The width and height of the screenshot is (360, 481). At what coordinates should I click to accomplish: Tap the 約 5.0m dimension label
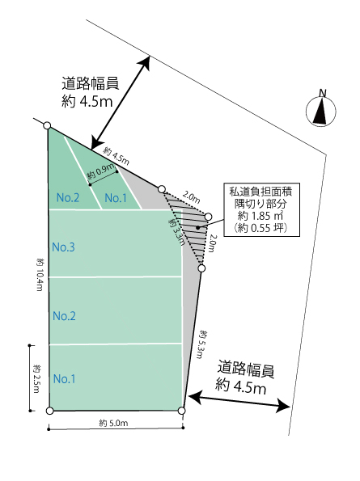pos(113,423)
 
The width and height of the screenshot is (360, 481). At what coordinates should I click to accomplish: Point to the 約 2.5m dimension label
pos(37,378)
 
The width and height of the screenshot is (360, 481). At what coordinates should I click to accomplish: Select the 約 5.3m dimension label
pos(201,344)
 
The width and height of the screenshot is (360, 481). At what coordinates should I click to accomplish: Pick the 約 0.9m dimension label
pos(101,172)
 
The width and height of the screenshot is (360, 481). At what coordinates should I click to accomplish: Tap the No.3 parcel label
pos(64,247)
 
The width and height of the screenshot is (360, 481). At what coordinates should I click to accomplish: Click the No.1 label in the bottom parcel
pos(65,379)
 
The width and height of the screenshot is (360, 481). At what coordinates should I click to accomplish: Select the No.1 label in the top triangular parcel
pos(116,198)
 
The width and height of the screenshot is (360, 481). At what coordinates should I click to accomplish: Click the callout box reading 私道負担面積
pos(261,210)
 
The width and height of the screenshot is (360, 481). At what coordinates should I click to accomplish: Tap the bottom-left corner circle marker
pos(49,411)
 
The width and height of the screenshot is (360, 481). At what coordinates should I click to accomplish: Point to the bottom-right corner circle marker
pos(182,411)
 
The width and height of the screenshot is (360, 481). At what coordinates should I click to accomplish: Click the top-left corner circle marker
pos(47,125)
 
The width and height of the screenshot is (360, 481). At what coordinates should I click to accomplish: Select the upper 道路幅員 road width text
pos(91,83)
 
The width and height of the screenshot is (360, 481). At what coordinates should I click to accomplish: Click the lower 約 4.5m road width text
pos(240,386)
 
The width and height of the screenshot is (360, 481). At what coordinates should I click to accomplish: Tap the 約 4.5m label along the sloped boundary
pos(116,156)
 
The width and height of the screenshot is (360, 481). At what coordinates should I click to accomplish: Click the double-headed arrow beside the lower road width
pos(239,402)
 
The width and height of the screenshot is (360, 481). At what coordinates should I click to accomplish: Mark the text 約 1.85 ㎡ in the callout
pos(260,216)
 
